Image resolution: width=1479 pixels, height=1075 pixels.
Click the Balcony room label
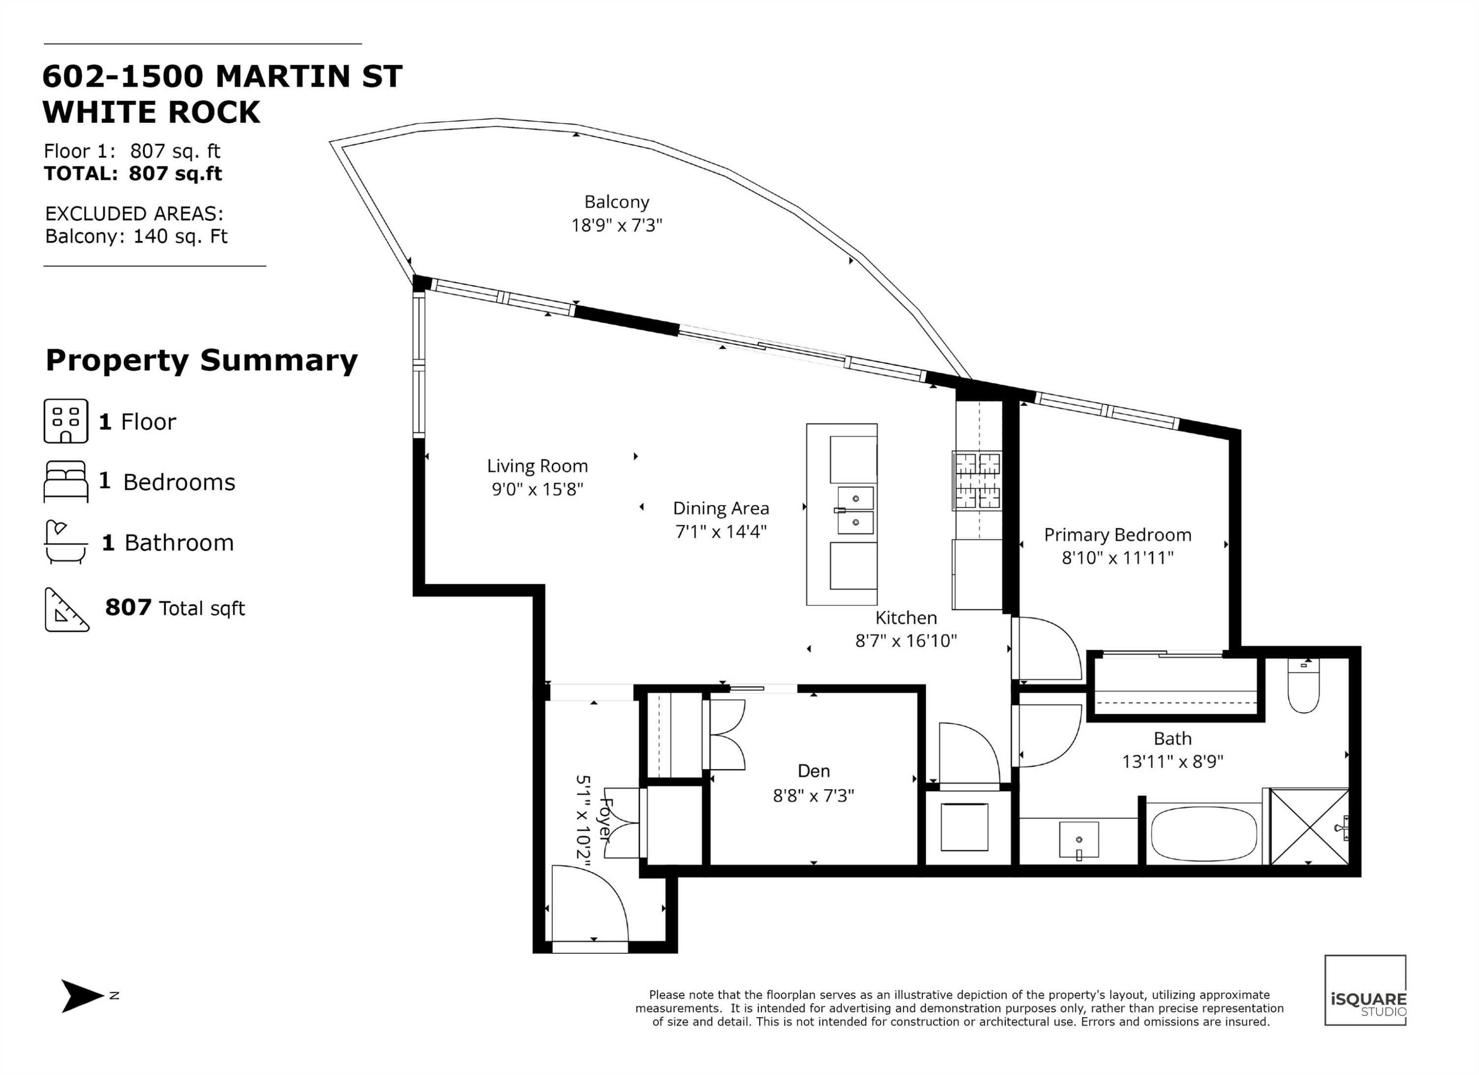616,202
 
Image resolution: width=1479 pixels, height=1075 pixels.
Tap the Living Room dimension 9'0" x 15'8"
537,489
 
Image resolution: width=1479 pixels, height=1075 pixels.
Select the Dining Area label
721,509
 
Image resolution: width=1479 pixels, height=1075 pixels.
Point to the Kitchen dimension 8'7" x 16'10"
906,641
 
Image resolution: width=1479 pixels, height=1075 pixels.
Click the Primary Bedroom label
1117,535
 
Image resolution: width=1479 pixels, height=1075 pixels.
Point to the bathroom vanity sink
1079,840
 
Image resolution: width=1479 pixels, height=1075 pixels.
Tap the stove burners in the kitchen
976,481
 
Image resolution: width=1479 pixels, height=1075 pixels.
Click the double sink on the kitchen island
855,511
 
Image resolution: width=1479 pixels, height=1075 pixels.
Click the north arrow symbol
82,996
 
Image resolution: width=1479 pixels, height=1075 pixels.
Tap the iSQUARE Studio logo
1365,990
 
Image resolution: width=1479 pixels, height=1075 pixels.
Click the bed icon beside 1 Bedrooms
66,482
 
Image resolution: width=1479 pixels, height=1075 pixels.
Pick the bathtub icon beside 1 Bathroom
66,542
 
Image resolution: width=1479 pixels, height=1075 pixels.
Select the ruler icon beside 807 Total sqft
67,610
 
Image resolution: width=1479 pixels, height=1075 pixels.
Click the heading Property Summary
202,360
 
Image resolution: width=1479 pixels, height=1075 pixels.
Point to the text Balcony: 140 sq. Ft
136,236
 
